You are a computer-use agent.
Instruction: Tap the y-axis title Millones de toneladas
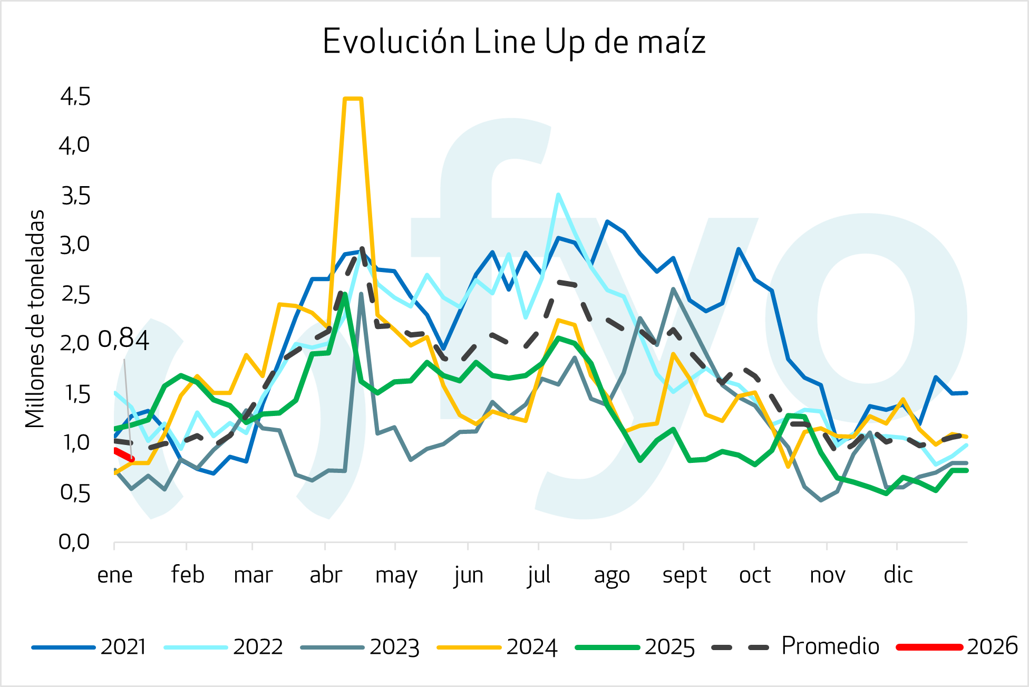[35, 319]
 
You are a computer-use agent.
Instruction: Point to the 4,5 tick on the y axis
[75, 97]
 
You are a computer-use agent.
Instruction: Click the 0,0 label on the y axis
[74, 542]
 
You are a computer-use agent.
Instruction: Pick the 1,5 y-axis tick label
[75, 394]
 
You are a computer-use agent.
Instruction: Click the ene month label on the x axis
[115, 575]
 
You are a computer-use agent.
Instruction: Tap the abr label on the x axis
[326, 575]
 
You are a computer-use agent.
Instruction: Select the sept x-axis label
[684, 575]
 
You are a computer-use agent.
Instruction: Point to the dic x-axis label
[898, 575]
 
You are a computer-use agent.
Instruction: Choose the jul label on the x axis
[539, 575]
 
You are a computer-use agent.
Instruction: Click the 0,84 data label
[124, 340]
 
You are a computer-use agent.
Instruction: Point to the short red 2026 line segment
[123, 454]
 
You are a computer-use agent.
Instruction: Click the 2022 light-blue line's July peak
[558, 195]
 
